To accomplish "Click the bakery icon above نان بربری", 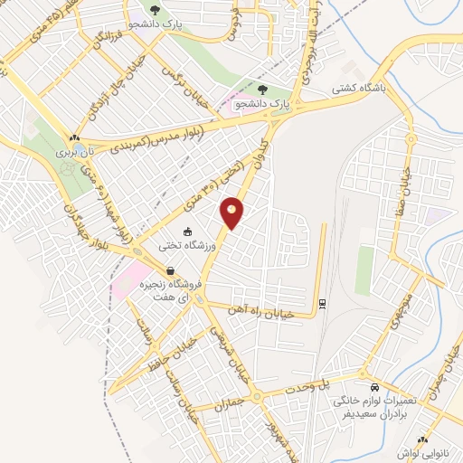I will tap(73, 138).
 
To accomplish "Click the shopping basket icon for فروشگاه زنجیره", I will tap(170, 270).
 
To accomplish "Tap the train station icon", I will tap(320, 303).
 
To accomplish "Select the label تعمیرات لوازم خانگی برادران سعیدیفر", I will tap(372, 405).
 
